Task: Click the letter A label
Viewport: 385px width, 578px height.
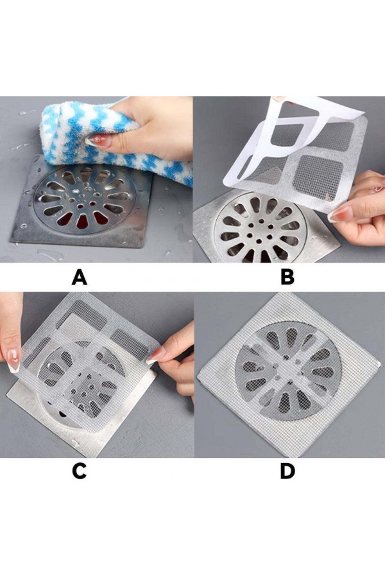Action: (x=80, y=277)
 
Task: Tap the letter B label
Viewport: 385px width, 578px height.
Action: (x=287, y=277)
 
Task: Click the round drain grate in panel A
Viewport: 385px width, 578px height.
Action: (x=85, y=199)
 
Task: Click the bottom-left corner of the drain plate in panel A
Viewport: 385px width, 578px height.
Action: (x=11, y=241)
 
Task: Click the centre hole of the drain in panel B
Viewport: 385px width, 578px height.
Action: (x=259, y=230)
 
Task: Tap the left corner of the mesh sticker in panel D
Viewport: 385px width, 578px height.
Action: (x=198, y=378)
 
